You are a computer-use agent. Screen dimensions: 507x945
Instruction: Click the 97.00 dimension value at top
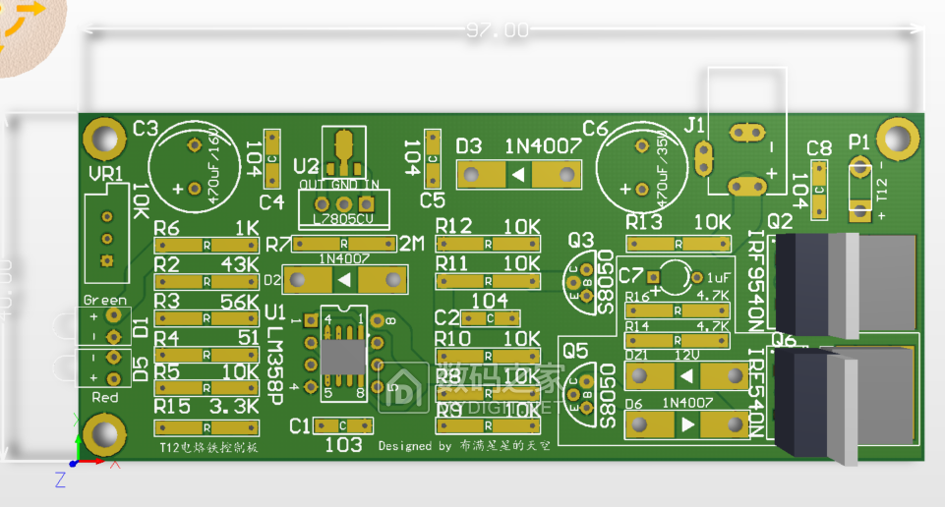[x=497, y=30]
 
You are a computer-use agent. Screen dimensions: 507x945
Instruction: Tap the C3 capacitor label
[x=145, y=129]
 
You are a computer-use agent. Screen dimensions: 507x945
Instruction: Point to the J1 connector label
[x=694, y=125]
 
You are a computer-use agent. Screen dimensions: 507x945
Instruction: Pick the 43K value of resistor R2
[x=240, y=265]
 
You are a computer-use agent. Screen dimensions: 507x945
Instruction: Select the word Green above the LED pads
[x=104, y=300]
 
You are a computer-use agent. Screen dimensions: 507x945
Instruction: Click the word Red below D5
[x=104, y=397]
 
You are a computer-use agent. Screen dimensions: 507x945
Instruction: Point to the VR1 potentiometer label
[x=106, y=173]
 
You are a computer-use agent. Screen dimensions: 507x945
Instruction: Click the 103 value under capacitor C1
[x=343, y=444]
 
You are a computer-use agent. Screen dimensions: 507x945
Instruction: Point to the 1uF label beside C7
[x=717, y=278]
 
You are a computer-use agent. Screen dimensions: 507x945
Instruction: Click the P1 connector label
[x=858, y=141]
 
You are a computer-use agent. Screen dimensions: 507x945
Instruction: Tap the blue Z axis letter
[x=60, y=479]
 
